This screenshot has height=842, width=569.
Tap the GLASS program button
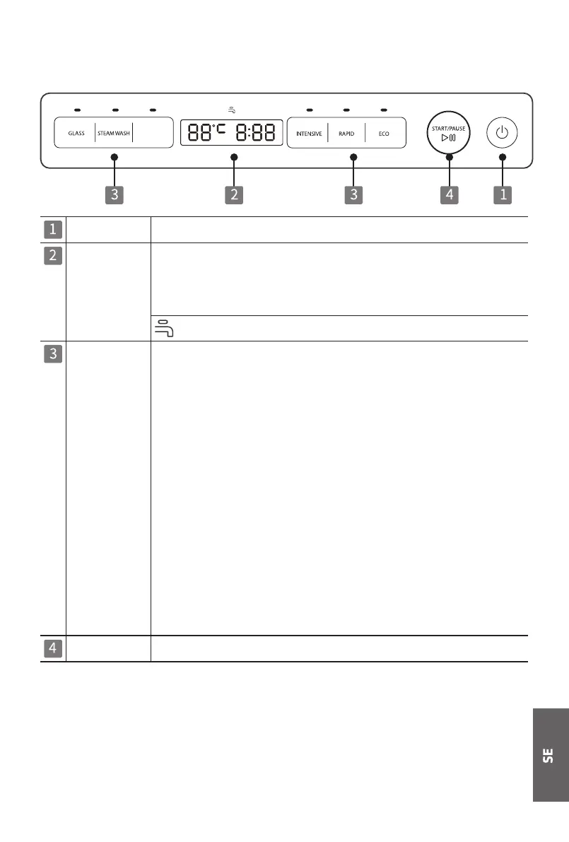click(x=76, y=133)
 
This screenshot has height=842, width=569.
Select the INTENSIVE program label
click(x=309, y=133)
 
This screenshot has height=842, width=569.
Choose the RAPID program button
click(x=346, y=133)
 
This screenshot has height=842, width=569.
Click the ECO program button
click(x=384, y=133)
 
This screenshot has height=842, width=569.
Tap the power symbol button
click(x=502, y=133)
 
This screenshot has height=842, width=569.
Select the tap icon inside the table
click(x=165, y=329)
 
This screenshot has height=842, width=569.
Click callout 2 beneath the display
click(x=234, y=194)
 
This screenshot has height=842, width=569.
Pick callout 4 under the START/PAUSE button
click(x=450, y=194)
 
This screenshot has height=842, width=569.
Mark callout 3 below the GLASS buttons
click(x=115, y=194)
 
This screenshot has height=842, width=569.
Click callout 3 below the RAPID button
click(x=353, y=194)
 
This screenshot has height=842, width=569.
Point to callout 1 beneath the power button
click(x=503, y=194)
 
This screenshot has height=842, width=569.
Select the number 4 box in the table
click(x=53, y=649)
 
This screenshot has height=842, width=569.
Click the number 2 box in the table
click(x=53, y=255)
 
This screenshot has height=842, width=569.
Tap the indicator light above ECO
click(x=384, y=110)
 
